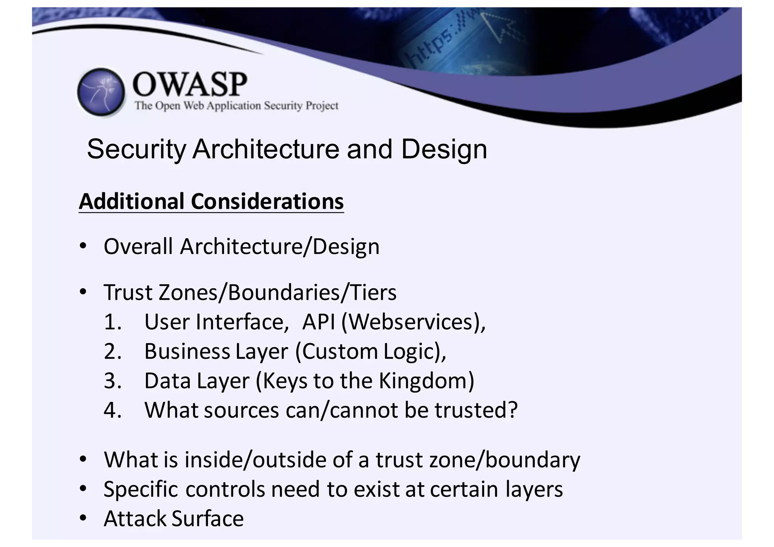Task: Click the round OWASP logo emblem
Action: [101, 92]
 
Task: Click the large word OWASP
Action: [190, 84]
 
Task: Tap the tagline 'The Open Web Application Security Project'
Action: [237, 105]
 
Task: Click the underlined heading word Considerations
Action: [267, 201]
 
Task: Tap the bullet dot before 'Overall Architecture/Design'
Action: [84, 246]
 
